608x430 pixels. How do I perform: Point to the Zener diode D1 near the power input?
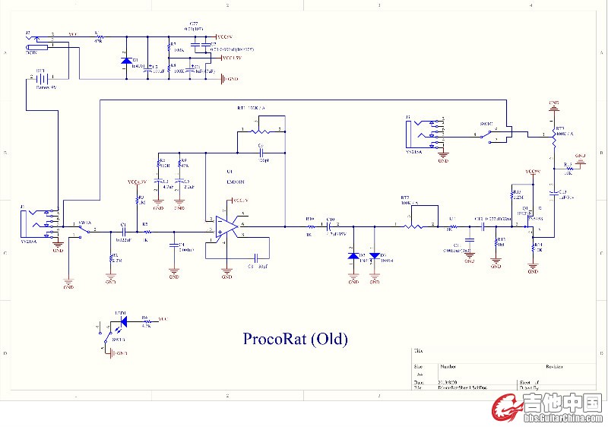pyautogui.click(x=126, y=61)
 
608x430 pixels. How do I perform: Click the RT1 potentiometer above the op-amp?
pyautogui.click(x=259, y=131)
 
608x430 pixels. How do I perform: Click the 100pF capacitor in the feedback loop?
pyautogui.click(x=260, y=153)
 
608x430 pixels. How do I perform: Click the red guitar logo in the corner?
pyautogui.click(x=506, y=409)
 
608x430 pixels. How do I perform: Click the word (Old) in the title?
pyautogui.click(x=334, y=338)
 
